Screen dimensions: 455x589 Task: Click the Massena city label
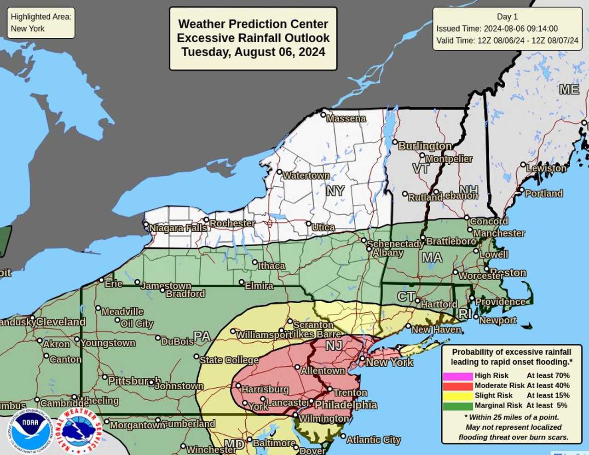[x=346, y=119]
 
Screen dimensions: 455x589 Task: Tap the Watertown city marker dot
[x=279, y=172]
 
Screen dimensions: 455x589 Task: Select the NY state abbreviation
[x=335, y=190]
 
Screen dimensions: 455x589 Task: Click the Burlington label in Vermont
[x=424, y=146]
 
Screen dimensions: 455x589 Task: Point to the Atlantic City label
[x=373, y=440]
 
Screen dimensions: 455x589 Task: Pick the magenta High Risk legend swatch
[x=457, y=376]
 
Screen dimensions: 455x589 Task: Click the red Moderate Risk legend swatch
[x=457, y=386]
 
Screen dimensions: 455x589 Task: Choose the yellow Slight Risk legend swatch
[x=457, y=396]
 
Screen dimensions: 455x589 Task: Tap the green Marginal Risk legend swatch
[x=457, y=406]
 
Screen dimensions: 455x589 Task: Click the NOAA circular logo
[x=30, y=430]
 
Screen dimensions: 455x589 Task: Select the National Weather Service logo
[x=79, y=430]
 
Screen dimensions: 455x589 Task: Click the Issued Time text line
[x=497, y=29]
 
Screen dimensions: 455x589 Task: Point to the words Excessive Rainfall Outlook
[x=253, y=38]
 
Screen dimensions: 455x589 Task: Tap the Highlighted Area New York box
[x=41, y=23]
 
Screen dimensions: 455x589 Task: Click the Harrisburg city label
[x=265, y=390]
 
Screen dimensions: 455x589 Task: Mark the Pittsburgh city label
[x=134, y=381]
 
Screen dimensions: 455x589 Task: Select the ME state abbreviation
[x=569, y=89]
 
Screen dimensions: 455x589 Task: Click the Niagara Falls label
[x=178, y=228]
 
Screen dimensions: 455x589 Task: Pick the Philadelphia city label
[x=346, y=405]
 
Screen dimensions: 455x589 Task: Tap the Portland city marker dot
[x=521, y=190]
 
